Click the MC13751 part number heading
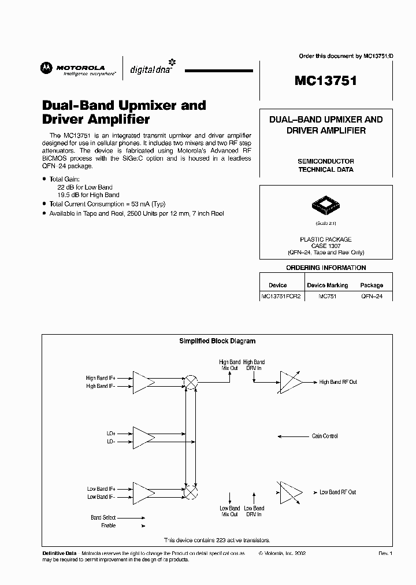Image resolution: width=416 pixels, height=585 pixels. click(325, 80)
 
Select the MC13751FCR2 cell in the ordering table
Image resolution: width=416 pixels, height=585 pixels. click(281, 295)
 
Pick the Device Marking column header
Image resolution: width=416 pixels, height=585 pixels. click(327, 285)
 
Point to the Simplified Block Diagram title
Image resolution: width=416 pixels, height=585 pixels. click(217, 341)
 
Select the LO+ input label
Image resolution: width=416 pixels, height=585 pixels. click(110, 433)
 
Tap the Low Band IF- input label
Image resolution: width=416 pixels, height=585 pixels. click(101, 497)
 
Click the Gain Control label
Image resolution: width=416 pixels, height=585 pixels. click(325, 436)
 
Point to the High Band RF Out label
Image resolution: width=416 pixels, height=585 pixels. click(338, 382)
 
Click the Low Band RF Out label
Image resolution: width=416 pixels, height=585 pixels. click(338, 492)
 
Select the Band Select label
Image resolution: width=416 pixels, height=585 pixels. click(103, 517)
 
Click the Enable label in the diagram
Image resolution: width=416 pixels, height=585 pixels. click(108, 525)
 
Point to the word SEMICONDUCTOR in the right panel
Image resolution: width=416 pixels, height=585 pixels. click(325, 161)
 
